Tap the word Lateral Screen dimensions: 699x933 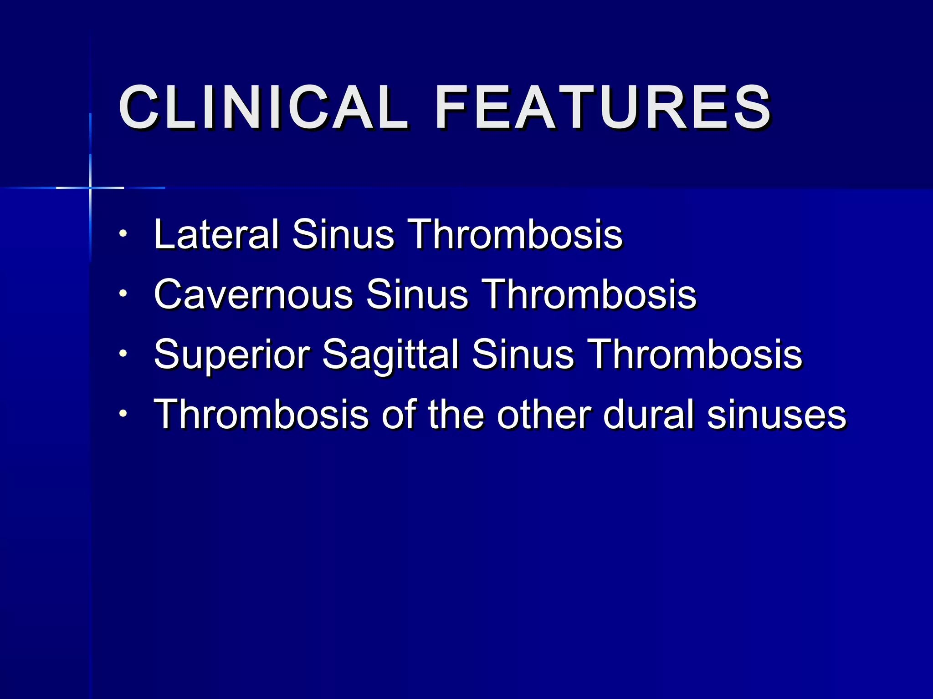coord(216,234)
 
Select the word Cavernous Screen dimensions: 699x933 coord(253,294)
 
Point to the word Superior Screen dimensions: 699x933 coord(231,355)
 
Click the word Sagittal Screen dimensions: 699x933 coord(390,355)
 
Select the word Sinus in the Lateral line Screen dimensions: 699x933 coord(343,234)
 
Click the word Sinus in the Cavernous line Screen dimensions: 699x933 coord(417,294)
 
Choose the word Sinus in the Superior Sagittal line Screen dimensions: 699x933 coord(523,355)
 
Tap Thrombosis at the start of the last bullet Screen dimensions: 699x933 coord(261,414)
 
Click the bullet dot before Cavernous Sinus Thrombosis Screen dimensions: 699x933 coord(123,294)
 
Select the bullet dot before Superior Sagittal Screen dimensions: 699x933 coord(123,354)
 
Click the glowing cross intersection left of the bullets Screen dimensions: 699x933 coord(90,187)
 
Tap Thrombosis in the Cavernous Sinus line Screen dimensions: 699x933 coord(589,294)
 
